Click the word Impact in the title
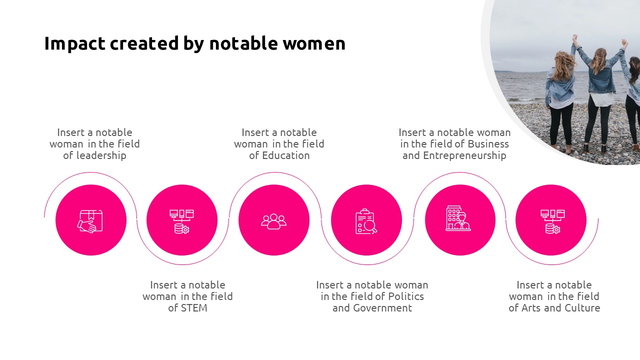click(x=75, y=44)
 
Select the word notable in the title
click(x=243, y=43)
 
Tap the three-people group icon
click(x=273, y=221)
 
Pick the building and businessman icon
click(x=458, y=218)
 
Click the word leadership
click(x=101, y=155)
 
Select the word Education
click(x=286, y=155)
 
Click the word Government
click(x=382, y=308)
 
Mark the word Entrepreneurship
click(x=465, y=155)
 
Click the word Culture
click(x=582, y=308)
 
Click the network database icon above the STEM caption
click(x=181, y=221)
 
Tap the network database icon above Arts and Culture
click(x=552, y=221)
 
